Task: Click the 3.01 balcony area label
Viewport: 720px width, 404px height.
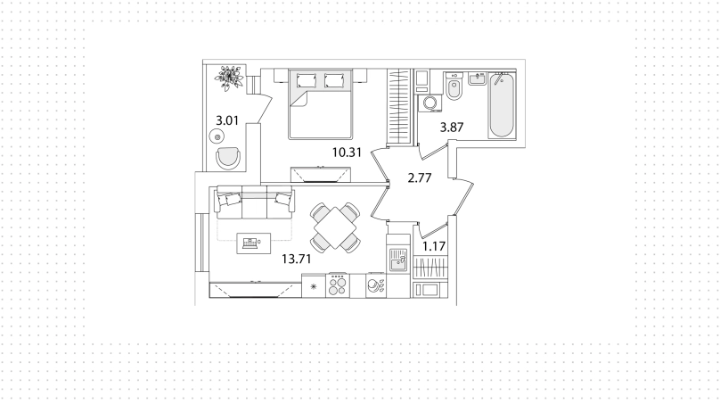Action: point(227,121)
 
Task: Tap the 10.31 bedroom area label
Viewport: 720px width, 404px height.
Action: point(348,153)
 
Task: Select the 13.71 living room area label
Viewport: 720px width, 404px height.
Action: point(297,260)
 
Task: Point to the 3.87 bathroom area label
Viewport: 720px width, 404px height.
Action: point(452,128)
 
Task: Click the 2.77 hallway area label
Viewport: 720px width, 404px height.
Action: point(420,177)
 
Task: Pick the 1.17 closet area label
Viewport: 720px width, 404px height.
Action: point(434,246)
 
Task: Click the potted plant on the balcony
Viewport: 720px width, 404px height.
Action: point(230,78)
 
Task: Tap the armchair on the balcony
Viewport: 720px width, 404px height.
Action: point(228,158)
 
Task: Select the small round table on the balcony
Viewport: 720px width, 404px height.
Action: point(217,136)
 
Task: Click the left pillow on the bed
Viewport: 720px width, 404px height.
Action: point(306,80)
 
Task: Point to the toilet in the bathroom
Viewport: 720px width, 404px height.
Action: point(454,87)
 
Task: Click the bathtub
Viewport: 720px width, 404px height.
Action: point(501,105)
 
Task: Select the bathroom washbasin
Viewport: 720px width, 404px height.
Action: point(477,78)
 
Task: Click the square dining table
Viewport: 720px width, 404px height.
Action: point(336,228)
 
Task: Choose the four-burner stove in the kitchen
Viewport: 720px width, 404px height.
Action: point(338,285)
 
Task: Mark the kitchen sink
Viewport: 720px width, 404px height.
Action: point(398,260)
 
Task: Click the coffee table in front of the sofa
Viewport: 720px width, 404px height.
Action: point(253,243)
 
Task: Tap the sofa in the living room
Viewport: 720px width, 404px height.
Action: point(254,202)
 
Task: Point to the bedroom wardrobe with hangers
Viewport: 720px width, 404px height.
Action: point(398,106)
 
